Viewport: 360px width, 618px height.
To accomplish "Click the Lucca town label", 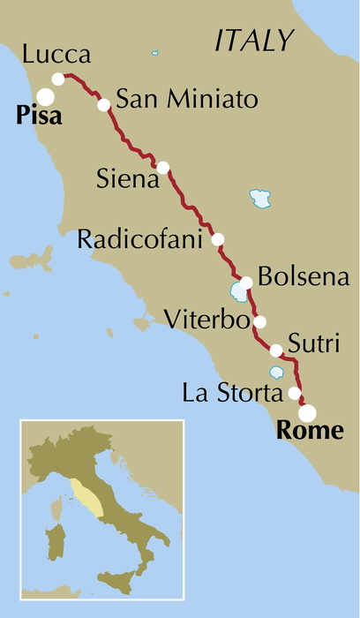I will (x=57, y=56).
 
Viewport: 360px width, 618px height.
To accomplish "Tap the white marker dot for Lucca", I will (x=59, y=79).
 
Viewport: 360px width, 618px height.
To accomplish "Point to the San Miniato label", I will (x=187, y=98).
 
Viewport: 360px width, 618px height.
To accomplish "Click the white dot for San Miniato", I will (x=104, y=104).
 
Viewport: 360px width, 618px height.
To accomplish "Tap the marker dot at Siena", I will (x=162, y=167).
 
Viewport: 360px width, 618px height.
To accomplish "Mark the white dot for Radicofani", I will (x=218, y=239).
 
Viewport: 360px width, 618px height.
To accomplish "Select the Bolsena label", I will (x=304, y=276).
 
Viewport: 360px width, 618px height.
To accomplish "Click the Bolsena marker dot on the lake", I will (x=247, y=283).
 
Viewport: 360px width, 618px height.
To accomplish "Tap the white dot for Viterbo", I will (x=259, y=321).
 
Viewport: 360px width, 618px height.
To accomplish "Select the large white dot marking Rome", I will (x=306, y=412).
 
